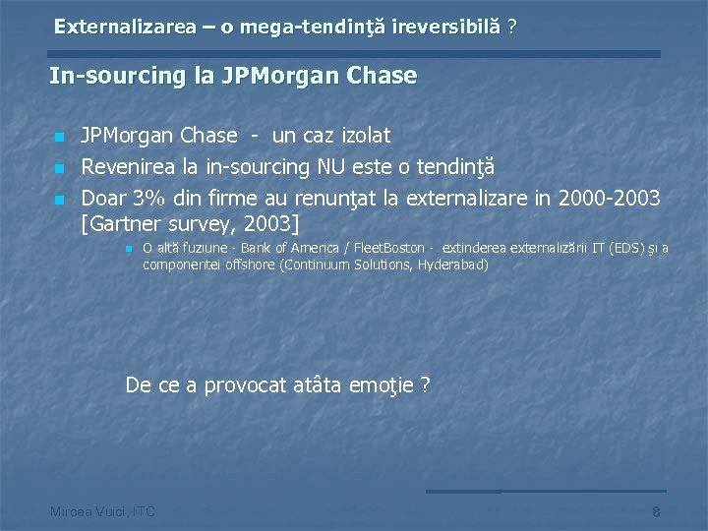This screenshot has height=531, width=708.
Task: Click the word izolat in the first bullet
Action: [x=358, y=135]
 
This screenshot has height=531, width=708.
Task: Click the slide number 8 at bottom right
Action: [x=656, y=511]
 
